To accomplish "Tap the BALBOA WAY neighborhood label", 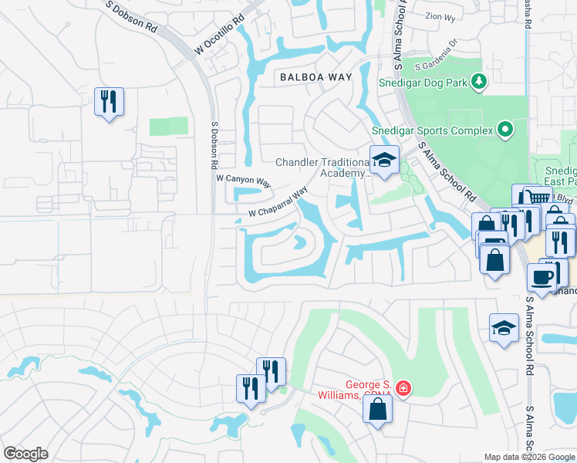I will [x=315, y=77].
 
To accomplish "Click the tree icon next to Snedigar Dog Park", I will [x=479, y=80].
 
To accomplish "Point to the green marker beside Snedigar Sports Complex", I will [x=505, y=130].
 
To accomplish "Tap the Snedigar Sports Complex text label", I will [x=432, y=130].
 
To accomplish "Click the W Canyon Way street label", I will [x=243, y=181].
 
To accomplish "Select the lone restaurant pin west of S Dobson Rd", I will [x=109, y=101].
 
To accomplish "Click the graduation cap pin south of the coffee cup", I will [x=504, y=328].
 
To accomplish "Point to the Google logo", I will [x=26, y=454].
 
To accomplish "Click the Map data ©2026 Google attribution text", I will [x=529, y=457].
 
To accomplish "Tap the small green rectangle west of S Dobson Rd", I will [x=168, y=127].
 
